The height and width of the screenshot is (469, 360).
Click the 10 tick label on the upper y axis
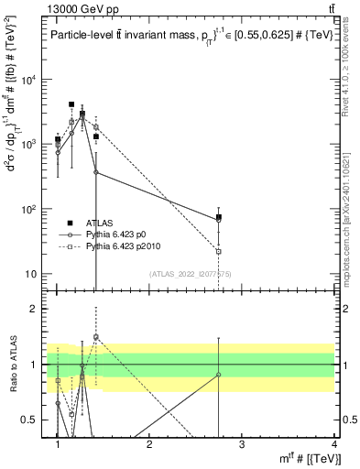click(x=32, y=274)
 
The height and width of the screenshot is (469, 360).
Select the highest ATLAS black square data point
click(x=71, y=105)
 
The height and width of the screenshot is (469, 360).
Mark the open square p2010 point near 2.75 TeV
click(x=219, y=251)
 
